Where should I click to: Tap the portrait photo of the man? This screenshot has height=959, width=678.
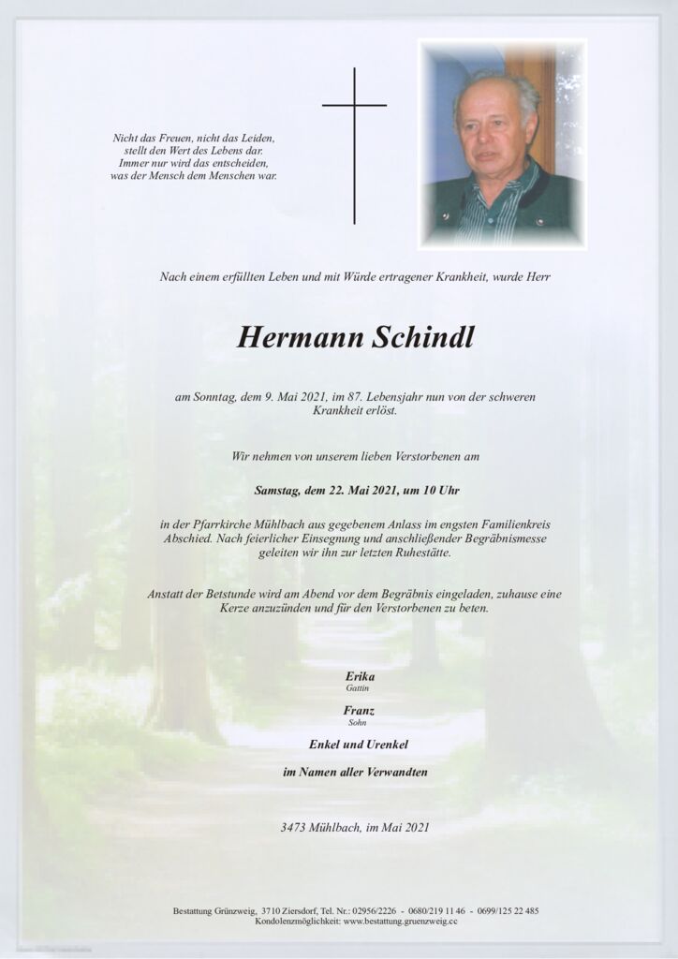coord(502,144)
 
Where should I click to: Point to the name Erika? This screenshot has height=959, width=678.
coord(339,676)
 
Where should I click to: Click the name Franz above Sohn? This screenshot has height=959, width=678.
coord(339,711)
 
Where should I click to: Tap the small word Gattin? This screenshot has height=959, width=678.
coord(339,688)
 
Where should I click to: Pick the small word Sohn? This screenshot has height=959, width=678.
coord(339,722)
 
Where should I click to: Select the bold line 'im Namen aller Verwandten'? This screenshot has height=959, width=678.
coord(339,773)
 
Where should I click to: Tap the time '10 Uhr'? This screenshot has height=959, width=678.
coord(439,490)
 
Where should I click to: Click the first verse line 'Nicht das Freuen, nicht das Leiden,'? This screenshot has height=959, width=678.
coord(194,138)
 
